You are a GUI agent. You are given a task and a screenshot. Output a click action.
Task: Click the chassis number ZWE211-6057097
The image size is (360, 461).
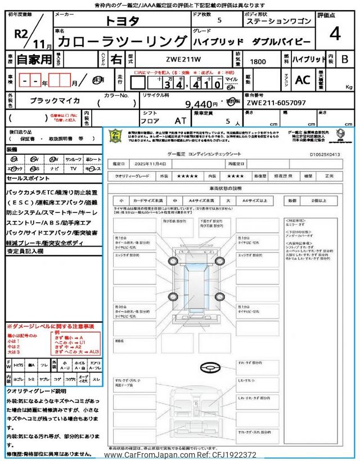pyautogui.click(x=276, y=103)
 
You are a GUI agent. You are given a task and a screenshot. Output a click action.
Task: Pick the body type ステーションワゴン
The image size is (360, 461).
pyautogui.click(x=278, y=21)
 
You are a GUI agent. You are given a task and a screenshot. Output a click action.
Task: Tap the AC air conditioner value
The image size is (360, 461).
pyautogui.click(x=302, y=80)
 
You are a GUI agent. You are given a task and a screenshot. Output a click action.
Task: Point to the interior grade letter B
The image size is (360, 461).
pyautogui.click(x=344, y=59)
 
